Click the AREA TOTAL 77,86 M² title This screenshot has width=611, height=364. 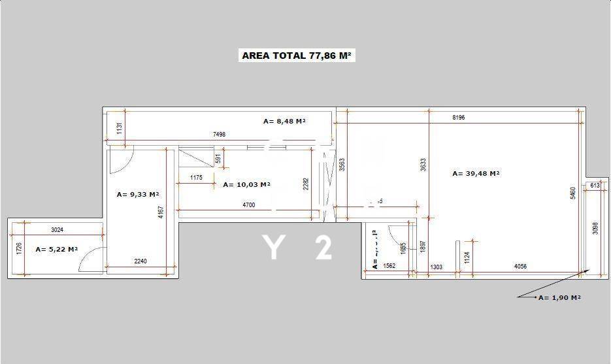[x=297, y=56]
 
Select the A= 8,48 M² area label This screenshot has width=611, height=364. [x=284, y=121]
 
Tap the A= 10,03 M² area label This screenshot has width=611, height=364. [x=246, y=184]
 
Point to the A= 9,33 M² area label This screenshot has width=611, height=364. [x=138, y=194]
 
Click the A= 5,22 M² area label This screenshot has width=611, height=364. [x=57, y=249]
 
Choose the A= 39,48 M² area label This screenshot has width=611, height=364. [x=476, y=173]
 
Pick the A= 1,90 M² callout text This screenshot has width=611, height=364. [x=559, y=297]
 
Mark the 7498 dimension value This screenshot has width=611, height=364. [x=219, y=134]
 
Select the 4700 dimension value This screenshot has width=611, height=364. [x=248, y=205]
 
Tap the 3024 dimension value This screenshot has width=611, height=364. [x=58, y=229]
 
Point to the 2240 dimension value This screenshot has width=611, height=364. [x=140, y=261]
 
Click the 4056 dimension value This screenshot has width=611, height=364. [x=521, y=266]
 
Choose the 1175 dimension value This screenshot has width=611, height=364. [x=196, y=178]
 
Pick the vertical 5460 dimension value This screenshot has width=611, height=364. [x=573, y=193]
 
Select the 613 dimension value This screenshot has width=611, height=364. [x=595, y=186]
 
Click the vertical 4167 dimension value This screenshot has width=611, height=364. [x=161, y=213]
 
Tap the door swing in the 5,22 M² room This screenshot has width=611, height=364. [x=90, y=260]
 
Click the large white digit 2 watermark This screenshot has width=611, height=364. [x=323, y=248]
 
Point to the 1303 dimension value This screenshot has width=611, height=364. [x=437, y=266]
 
